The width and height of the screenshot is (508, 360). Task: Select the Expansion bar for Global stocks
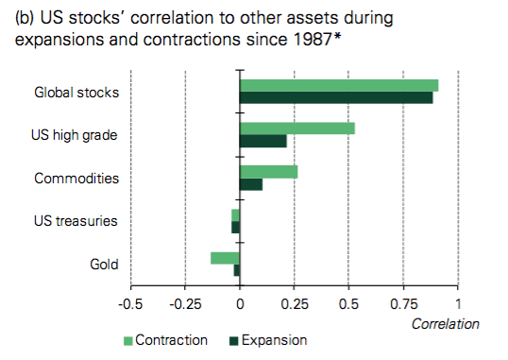coord(336,97)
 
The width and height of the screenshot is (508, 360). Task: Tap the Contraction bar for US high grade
coord(297,129)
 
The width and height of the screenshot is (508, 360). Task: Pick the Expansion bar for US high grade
coord(263,141)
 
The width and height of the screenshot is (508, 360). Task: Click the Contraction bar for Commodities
coord(269,171)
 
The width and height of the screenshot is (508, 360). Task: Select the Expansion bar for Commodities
coord(251,183)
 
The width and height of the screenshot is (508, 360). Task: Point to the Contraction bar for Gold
coord(225,257)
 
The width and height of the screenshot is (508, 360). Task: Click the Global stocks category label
coord(76,93)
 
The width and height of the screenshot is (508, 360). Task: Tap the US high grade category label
coord(75,135)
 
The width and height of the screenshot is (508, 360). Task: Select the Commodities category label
coord(76,178)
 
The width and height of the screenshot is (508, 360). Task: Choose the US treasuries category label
coord(75,221)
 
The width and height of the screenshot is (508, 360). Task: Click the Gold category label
coord(102,264)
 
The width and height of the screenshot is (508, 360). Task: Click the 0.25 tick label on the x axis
coord(295,304)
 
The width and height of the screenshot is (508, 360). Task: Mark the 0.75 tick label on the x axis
coord(404,304)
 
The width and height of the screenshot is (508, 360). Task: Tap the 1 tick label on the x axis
coord(459,304)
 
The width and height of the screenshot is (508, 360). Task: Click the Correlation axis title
coord(446,323)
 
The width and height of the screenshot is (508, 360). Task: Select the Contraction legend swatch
coord(127,340)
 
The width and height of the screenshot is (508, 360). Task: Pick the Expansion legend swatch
coord(232,340)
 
